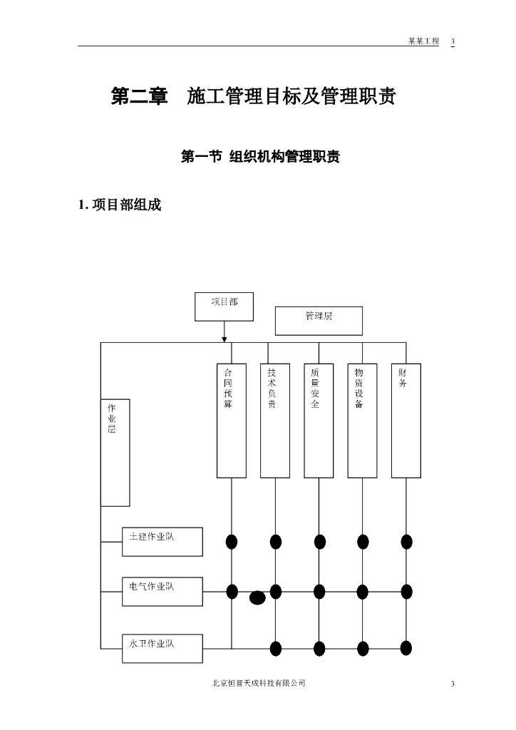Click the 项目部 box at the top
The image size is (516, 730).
224,307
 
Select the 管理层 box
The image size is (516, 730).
319,320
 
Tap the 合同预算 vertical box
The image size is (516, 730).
232,421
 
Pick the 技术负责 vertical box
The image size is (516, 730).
275,421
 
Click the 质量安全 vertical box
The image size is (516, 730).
319,421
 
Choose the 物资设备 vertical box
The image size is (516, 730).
362,421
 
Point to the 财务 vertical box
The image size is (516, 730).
406,421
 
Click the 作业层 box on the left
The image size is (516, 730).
115,453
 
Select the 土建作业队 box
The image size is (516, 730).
162,542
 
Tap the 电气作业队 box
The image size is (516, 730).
162,591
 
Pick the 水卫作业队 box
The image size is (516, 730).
162,648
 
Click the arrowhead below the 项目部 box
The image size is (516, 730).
225,338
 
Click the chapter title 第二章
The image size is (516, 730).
139,97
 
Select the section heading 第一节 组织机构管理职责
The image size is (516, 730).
260,157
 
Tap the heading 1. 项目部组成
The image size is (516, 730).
120,205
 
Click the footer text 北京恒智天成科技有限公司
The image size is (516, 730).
259,683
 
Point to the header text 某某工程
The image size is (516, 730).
423,41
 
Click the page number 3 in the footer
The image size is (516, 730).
453,684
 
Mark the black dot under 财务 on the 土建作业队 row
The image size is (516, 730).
406,542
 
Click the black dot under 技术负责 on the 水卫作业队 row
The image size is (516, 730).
276,648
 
